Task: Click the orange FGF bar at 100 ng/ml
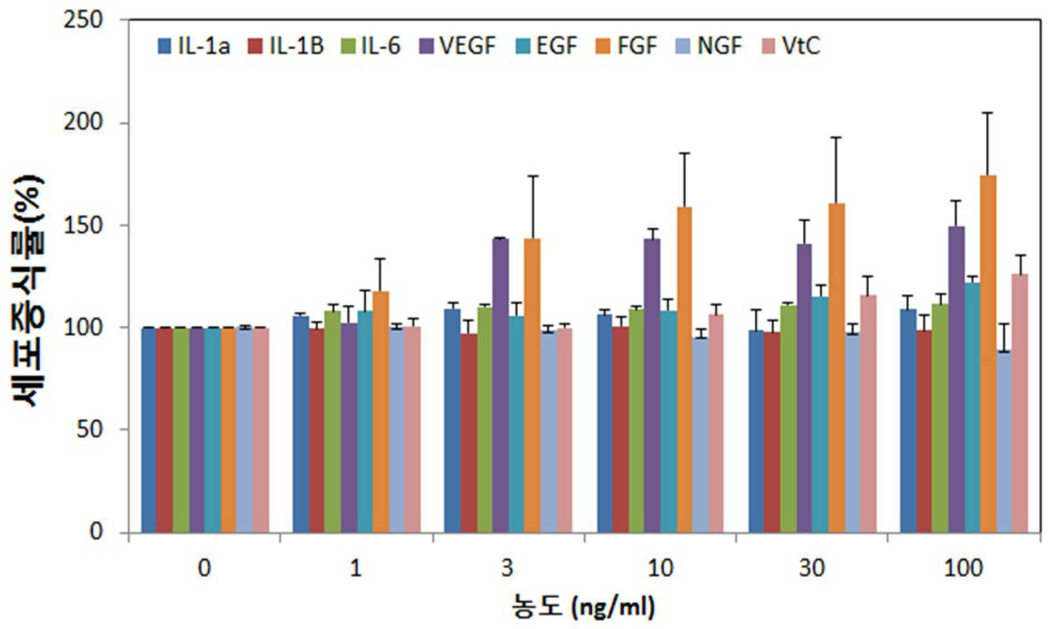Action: [988, 354]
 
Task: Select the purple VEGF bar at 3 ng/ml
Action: [500, 385]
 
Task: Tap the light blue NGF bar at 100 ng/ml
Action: [1004, 441]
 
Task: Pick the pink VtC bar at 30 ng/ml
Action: [868, 414]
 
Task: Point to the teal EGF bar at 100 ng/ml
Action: [972, 407]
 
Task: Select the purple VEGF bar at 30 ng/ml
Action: [804, 388]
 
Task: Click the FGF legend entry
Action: [627, 46]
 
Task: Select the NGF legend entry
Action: [709, 46]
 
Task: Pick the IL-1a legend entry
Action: [194, 46]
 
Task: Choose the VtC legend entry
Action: [792, 46]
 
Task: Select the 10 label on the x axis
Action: [660, 569]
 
